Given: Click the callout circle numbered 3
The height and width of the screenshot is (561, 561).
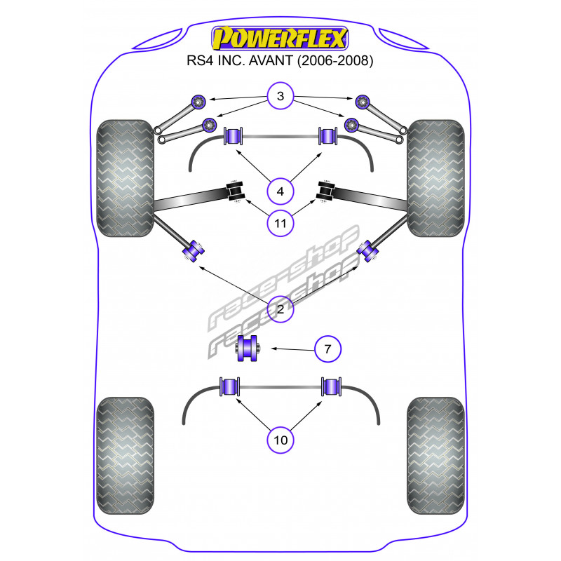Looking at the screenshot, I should tap(280, 97).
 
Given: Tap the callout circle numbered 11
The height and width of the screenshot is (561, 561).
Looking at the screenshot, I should tap(280, 223).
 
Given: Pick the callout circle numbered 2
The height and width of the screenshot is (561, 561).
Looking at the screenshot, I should tap(280, 309).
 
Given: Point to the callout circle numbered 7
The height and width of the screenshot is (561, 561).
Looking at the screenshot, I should tap(327, 348).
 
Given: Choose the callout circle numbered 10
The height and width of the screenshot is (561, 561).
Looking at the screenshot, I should tap(280, 440).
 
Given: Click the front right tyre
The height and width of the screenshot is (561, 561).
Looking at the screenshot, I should tap(435, 180).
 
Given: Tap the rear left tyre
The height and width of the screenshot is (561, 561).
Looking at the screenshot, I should tap(125, 457).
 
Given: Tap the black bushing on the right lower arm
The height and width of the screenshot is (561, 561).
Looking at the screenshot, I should tap(326, 191).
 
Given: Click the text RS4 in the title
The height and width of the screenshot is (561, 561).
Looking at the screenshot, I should tap(200, 61).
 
